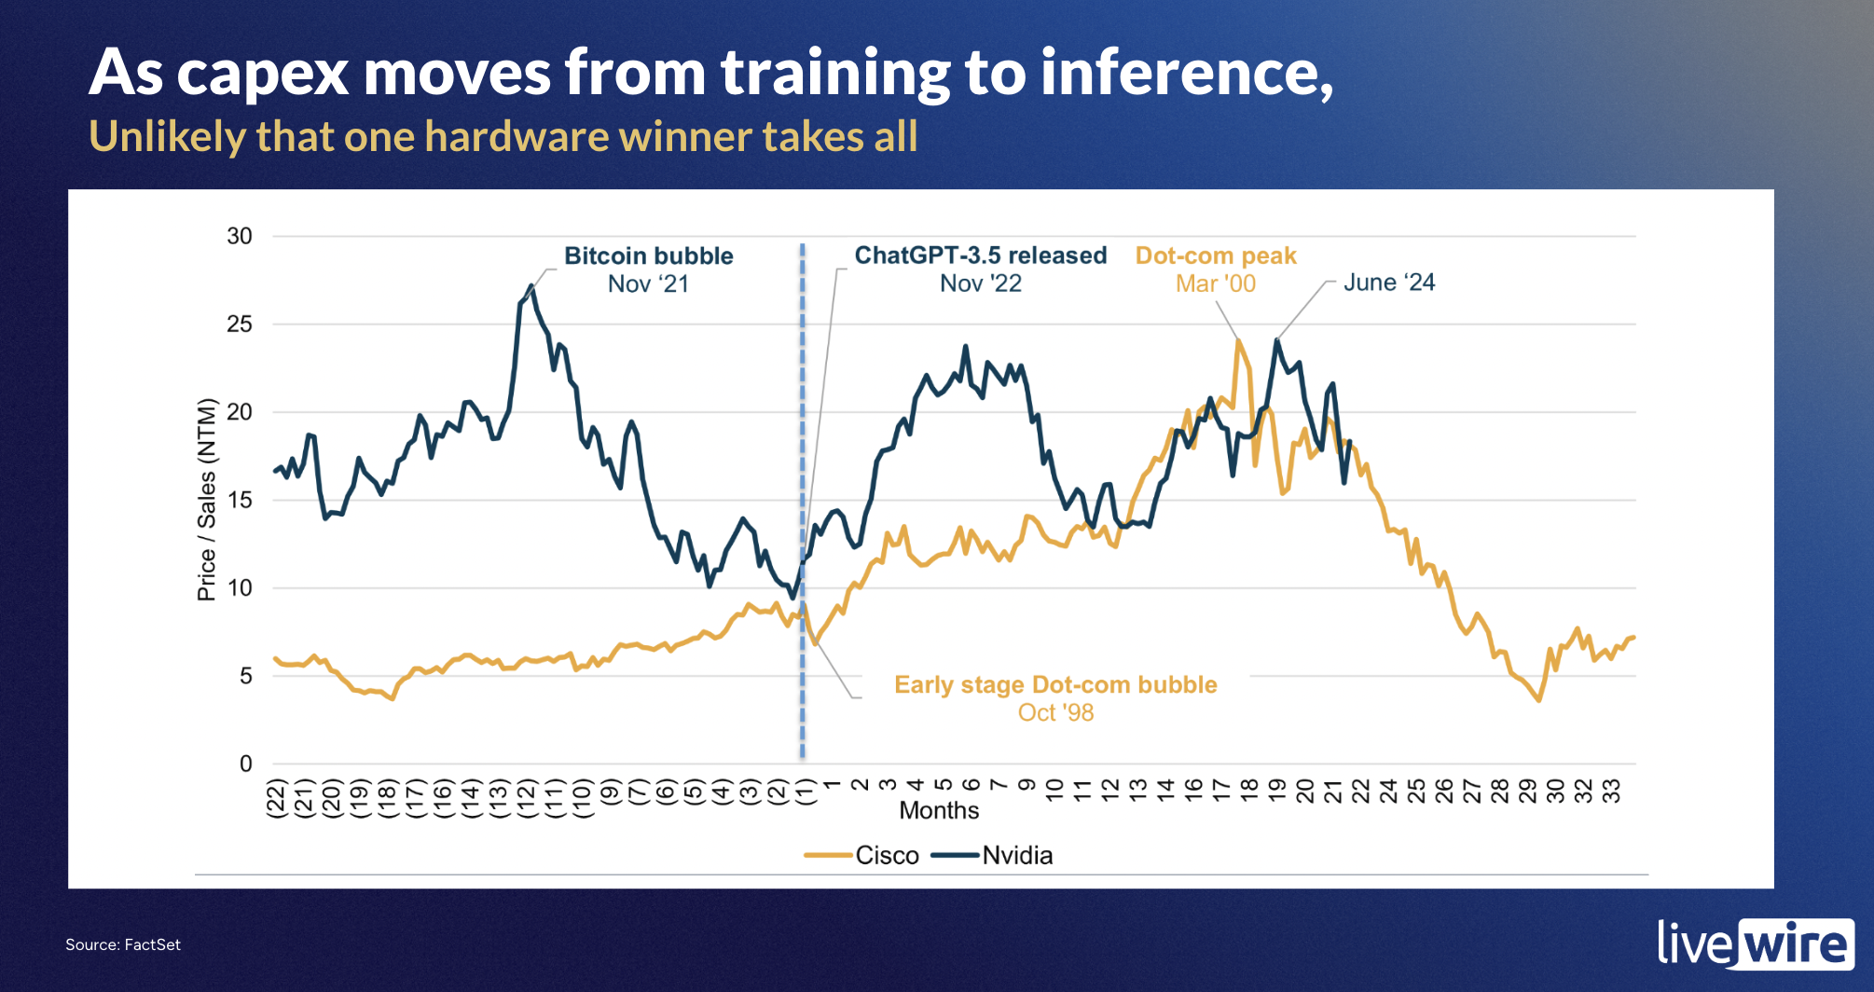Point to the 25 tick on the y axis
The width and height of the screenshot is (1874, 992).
240,324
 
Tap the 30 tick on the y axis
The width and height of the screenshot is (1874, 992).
240,236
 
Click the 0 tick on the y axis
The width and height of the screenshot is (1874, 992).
245,764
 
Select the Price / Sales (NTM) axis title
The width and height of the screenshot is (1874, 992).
206,500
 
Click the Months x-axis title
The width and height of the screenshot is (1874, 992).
939,810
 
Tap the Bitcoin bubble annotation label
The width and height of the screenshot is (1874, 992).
649,256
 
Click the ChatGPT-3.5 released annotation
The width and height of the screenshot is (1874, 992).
981,256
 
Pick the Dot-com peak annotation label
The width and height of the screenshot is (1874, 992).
1216,256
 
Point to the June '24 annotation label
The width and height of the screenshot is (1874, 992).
1388,282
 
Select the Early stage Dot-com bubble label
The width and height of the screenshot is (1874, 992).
1055,685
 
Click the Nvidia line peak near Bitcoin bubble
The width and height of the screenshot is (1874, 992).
531,286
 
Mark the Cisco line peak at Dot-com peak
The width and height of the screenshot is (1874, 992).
1238,341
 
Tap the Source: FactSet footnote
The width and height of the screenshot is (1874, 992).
123,944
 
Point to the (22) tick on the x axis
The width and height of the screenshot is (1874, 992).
275,799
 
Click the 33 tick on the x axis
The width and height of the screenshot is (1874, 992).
1610,792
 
